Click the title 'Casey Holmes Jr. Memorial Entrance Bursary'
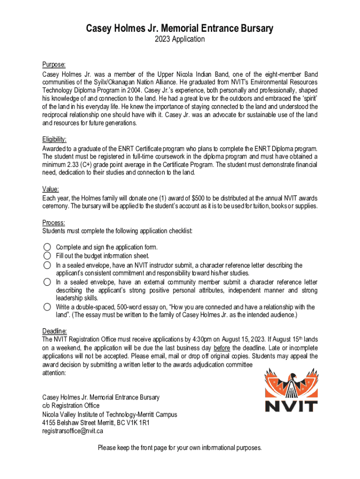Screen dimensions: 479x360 click(180, 29)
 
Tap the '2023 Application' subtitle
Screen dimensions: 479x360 click(180, 39)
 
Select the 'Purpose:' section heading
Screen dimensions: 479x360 click(54, 65)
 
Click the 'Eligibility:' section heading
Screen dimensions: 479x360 click(55, 139)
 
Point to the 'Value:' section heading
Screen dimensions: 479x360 click(50, 189)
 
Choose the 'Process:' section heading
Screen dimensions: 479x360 click(54, 223)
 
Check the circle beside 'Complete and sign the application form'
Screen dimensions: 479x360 click(47, 247)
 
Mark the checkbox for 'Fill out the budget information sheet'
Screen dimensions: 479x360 click(47, 255)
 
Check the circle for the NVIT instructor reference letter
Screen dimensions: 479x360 click(47, 265)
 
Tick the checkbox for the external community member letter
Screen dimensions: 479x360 click(47, 282)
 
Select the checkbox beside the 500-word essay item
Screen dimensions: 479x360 click(47, 307)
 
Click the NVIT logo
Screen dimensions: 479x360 click(291, 389)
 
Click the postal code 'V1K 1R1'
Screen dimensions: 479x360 click(137, 423)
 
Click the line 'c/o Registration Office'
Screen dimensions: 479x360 click(71, 406)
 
